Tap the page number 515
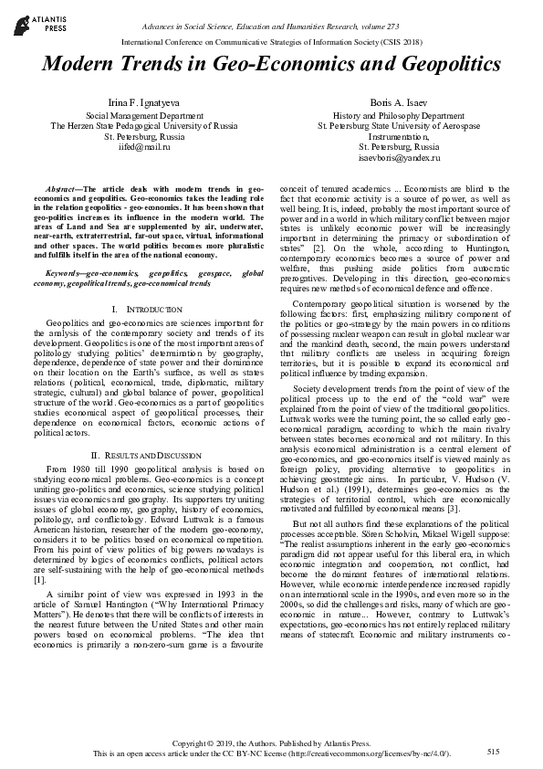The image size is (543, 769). [494, 751]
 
